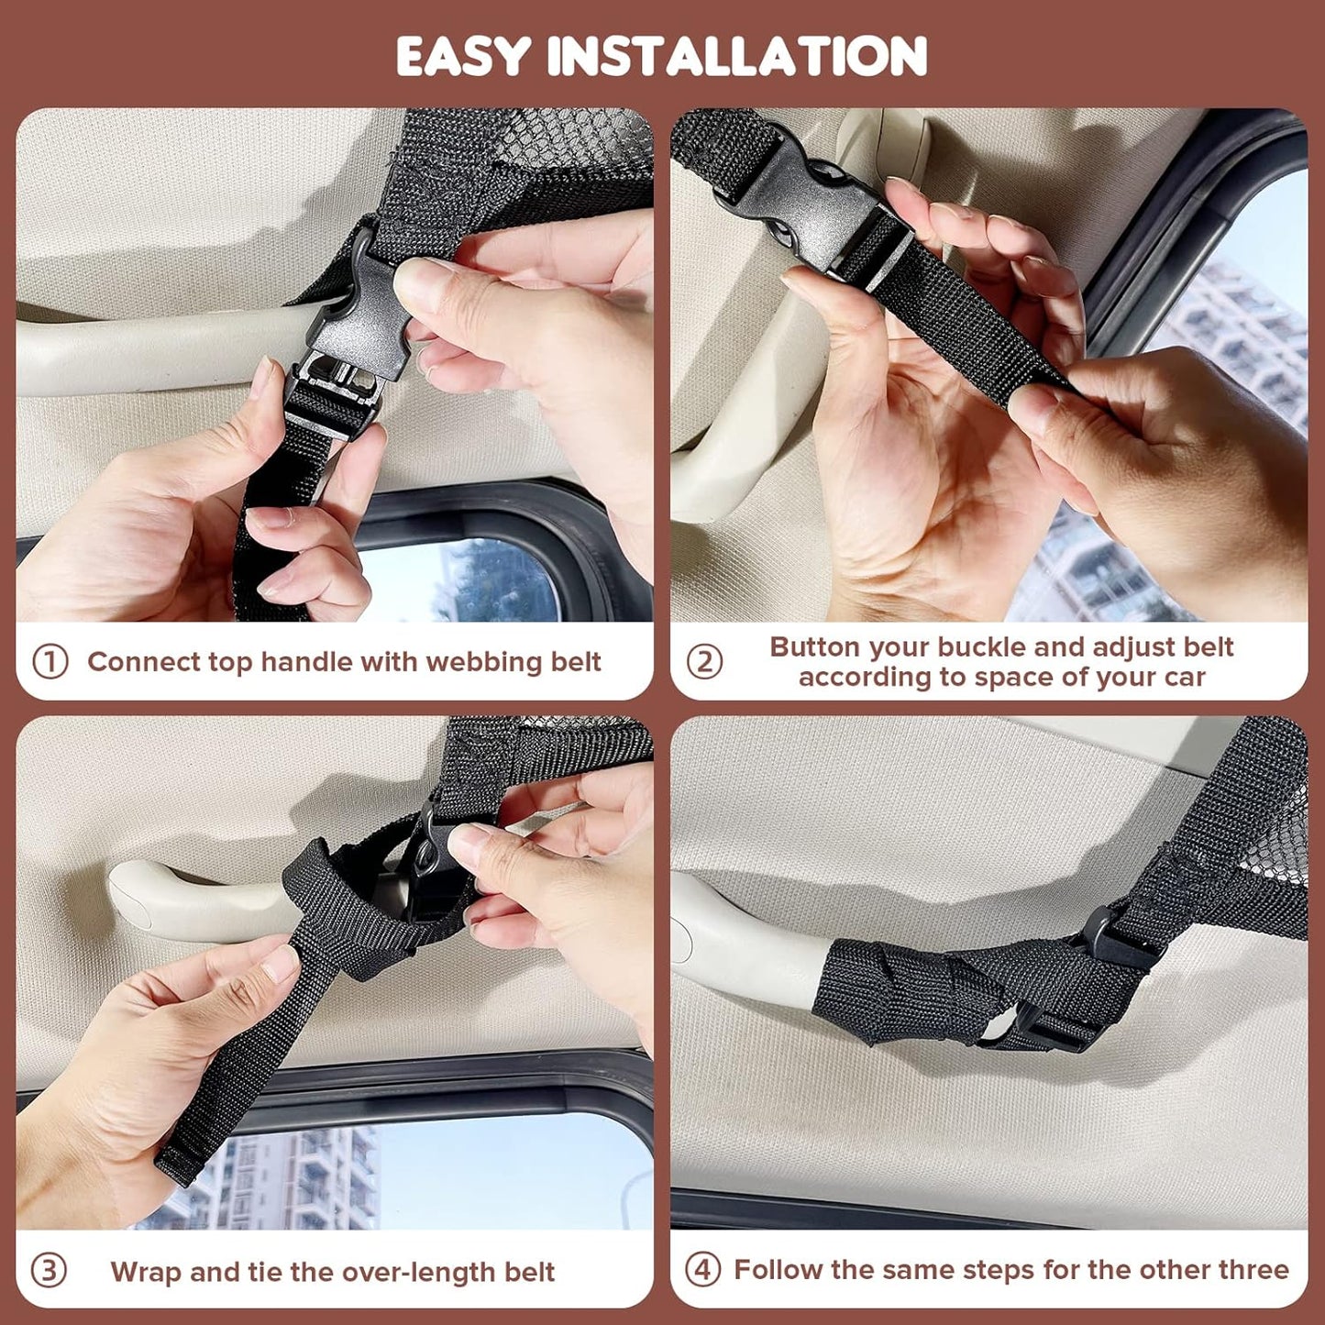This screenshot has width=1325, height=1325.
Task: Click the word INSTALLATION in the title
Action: tap(737, 57)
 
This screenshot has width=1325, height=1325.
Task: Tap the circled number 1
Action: tap(50, 661)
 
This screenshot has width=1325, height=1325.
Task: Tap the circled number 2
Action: tap(704, 661)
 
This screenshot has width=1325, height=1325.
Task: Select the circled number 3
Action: tap(49, 1271)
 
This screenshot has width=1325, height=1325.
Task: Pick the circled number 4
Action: tap(702, 1270)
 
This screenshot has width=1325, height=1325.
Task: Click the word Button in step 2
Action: tap(815, 646)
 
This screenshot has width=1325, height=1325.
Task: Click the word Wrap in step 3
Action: tap(147, 1272)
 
